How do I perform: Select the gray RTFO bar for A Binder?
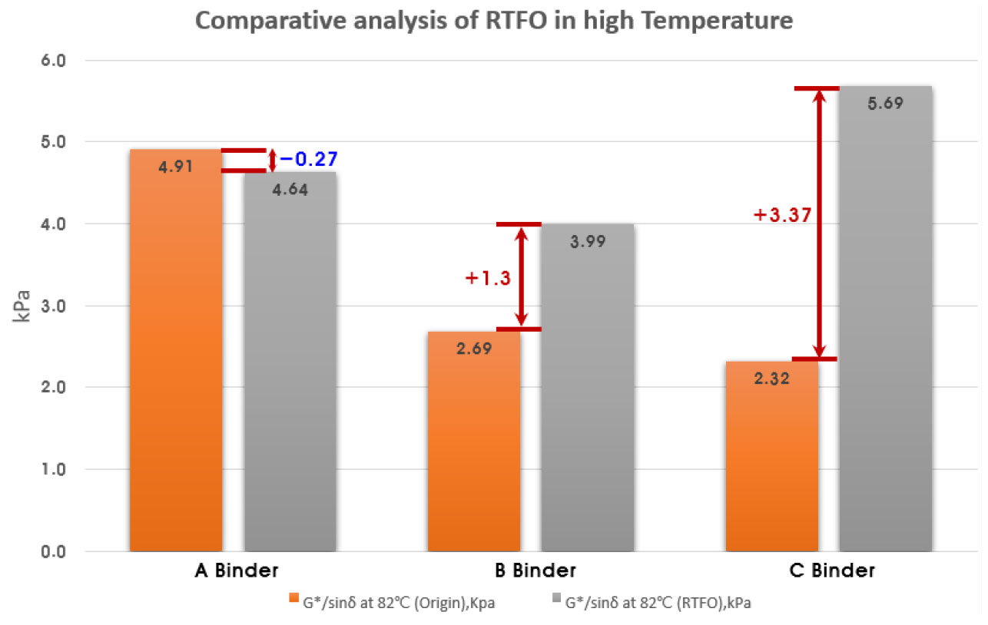click(290, 369)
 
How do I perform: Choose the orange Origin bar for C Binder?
click(771, 461)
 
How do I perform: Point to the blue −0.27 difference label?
click(308, 160)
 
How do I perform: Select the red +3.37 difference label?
click(783, 216)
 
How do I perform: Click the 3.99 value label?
click(588, 241)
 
